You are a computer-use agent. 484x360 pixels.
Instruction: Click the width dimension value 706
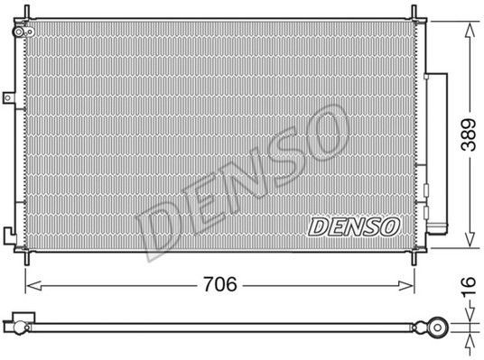coord(220,284)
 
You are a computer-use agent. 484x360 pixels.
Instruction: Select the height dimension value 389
coord(469,134)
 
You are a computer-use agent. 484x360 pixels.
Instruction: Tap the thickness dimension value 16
coord(469,287)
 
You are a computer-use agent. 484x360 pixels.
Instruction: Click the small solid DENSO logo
coord(354,226)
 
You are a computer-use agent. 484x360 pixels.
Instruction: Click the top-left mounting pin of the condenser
coord(26,13)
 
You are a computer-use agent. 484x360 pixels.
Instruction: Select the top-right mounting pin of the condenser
coord(414,13)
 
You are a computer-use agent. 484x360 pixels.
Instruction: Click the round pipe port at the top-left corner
coord(19,32)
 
